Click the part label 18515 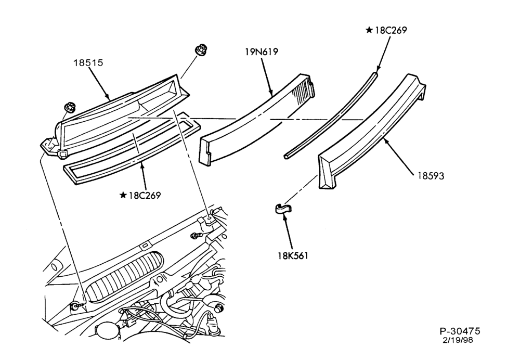tap(88, 63)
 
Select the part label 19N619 tap(262, 52)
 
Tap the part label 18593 tap(431, 176)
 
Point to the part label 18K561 tap(293, 256)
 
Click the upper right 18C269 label tap(391, 30)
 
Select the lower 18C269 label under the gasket tap(145, 196)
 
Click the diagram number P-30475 tap(460, 331)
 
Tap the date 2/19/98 tap(458, 340)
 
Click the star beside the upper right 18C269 tap(369, 30)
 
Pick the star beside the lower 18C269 tap(123, 195)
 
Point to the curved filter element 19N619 tap(255, 120)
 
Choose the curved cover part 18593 tap(371, 133)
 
